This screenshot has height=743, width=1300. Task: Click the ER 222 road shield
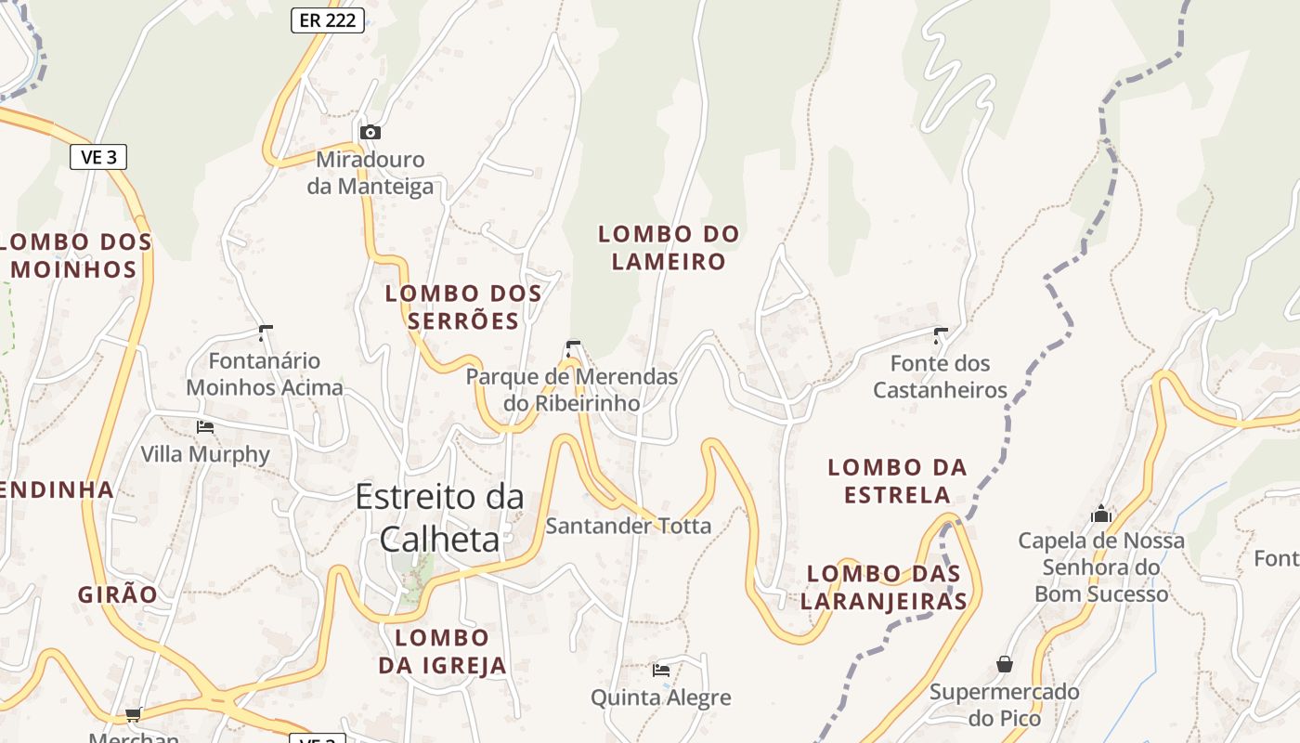(328, 20)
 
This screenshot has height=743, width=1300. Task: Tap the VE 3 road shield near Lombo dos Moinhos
(98, 157)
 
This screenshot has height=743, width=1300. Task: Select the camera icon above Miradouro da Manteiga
(370, 132)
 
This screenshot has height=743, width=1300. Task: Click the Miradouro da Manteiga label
(370, 174)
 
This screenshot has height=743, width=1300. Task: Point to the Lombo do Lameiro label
(669, 248)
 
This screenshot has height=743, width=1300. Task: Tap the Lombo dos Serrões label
(463, 307)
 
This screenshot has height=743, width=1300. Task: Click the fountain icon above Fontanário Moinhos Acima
(266, 332)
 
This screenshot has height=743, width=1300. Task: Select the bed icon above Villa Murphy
(205, 426)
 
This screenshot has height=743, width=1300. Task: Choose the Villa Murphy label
(205, 454)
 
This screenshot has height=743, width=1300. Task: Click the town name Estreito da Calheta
(439, 517)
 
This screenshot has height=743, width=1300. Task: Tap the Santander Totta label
(628, 526)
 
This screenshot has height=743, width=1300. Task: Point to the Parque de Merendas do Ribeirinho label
(572, 390)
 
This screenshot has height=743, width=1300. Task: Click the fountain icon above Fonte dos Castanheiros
(941, 334)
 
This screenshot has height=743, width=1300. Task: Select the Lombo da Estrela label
(897, 480)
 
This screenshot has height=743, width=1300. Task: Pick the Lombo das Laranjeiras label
(883, 587)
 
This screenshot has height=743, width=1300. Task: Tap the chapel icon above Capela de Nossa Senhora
(1101, 513)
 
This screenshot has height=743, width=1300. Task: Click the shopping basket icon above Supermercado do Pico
(1005, 664)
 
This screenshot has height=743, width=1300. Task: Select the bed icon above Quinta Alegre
(661, 670)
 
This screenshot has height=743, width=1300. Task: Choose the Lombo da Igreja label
(443, 651)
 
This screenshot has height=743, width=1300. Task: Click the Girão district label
(118, 594)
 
